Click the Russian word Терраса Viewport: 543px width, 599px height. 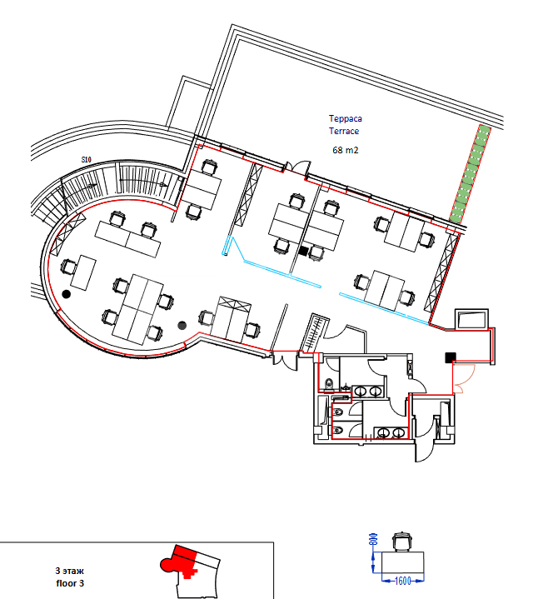click(x=345, y=119)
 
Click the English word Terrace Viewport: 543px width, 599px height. click(x=344, y=131)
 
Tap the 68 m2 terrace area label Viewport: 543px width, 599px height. click(x=345, y=150)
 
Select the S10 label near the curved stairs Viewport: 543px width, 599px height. click(x=87, y=159)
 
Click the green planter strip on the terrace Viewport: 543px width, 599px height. click(x=470, y=174)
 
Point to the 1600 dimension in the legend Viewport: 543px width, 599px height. click(x=402, y=581)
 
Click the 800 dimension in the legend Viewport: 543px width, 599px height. click(x=374, y=539)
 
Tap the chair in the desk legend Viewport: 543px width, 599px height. click(x=402, y=542)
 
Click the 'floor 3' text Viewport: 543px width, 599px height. click(x=70, y=583)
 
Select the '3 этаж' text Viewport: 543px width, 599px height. click(x=69, y=572)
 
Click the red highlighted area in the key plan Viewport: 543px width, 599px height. click(x=182, y=562)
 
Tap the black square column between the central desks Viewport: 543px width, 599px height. click(x=304, y=251)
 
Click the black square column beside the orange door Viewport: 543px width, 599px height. click(x=451, y=357)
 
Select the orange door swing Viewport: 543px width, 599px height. click(x=465, y=379)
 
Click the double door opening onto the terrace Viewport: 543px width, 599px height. click(x=298, y=167)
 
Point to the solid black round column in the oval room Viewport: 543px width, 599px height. click(x=66, y=294)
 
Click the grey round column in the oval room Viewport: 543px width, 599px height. click(x=182, y=326)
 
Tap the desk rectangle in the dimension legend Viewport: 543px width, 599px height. click(x=403, y=562)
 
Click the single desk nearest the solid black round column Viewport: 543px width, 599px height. click(x=83, y=272)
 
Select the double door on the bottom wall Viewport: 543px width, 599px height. click(x=285, y=362)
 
